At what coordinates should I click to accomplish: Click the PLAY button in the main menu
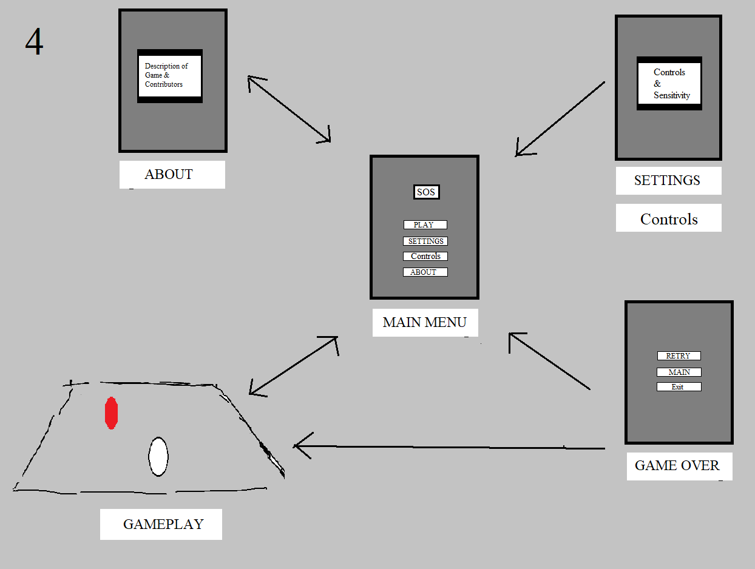pos(425,224)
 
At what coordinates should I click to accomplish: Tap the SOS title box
pos(426,192)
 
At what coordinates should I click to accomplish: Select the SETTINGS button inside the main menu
pos(425,241)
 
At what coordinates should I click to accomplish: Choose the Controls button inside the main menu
pos(425,256)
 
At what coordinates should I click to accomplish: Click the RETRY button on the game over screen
pos(679,356)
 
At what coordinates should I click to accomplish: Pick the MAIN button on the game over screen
pos(679,372)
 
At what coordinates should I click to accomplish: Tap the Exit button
pos(679,387)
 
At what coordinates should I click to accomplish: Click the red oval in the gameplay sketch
pos(111,412)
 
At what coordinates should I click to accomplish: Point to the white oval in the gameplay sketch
pos(158,456)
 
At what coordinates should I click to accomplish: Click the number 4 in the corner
pos(34,42)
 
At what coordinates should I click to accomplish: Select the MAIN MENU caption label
pos(425,323)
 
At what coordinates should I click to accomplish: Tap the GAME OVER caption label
pos(679,466)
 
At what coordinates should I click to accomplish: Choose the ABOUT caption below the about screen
pos(171,175)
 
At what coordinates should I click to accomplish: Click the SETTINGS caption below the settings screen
pos(668,181)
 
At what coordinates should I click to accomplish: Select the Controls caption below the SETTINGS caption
pos(668,218)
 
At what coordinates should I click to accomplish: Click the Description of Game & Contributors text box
pos(169,76)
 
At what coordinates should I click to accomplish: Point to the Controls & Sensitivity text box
pos(669,83)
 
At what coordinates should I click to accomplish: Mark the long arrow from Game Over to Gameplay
pos(449,448)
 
